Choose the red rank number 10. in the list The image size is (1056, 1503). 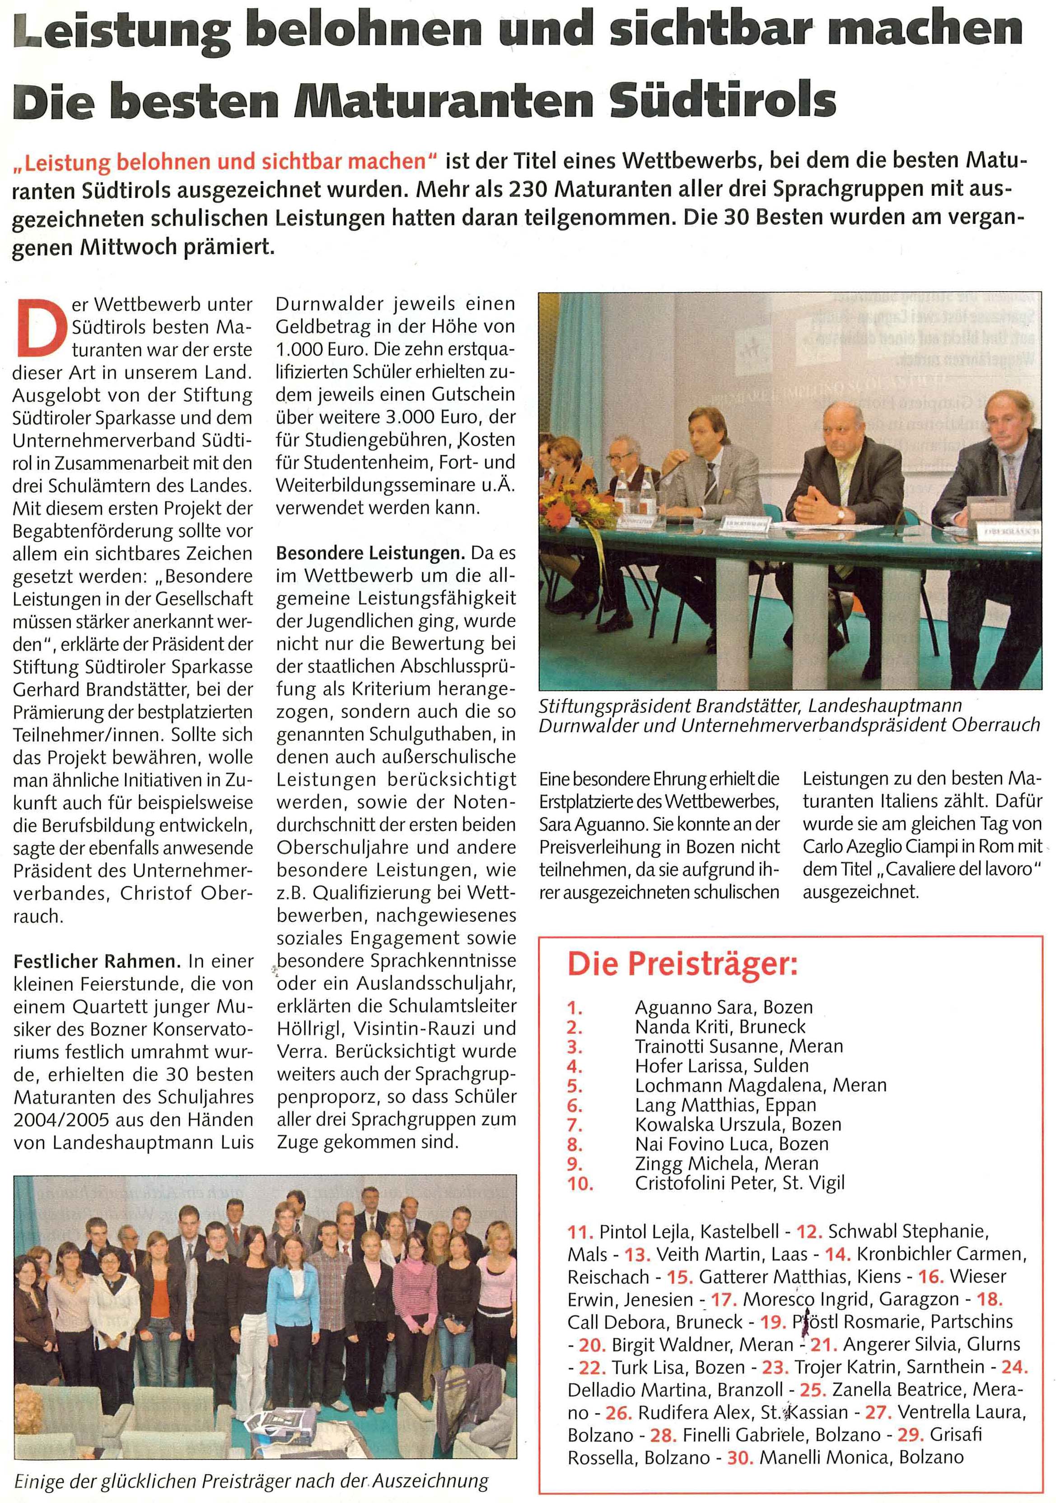click(579, 1183)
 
